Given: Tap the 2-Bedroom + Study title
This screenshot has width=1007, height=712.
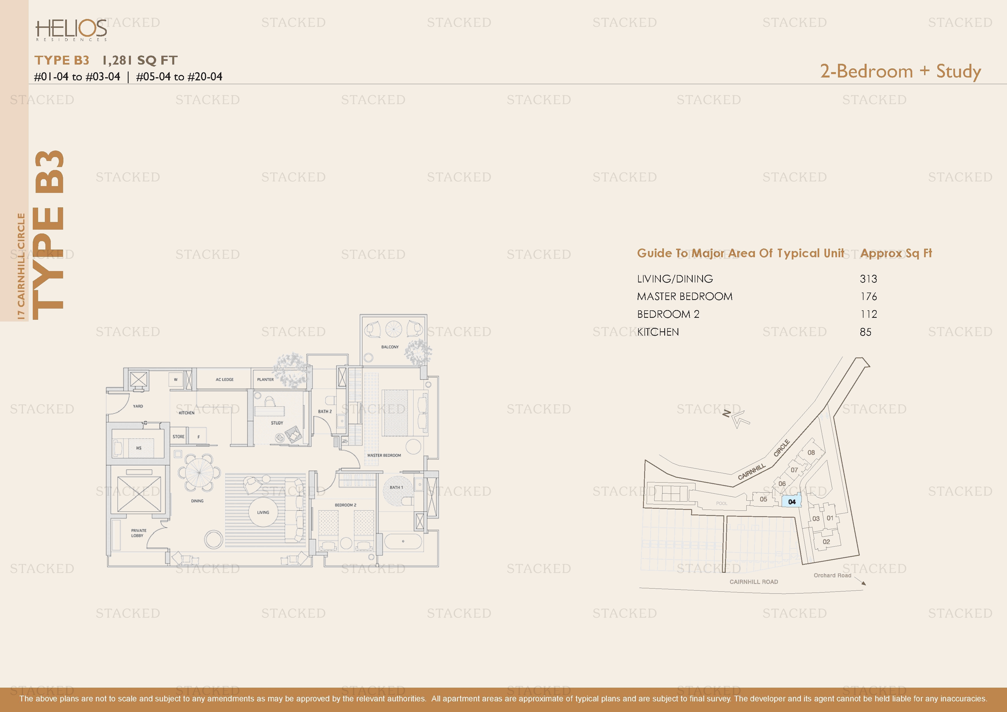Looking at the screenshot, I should [901, 71].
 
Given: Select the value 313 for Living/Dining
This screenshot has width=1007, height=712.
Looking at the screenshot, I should [868, 279].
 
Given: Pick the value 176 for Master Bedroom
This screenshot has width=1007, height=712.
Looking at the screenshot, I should [868, 297].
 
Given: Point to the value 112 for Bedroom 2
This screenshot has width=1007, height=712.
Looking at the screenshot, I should [868, 314].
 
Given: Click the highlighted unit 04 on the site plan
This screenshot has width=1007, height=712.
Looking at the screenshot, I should [792, 502].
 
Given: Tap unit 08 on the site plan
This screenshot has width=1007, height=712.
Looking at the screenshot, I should [811, 452].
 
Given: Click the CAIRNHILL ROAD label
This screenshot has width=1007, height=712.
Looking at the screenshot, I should [754, 582].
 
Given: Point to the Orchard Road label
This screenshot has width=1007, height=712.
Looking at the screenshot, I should [832, 575].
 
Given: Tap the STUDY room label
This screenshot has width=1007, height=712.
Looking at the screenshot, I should [277, 423].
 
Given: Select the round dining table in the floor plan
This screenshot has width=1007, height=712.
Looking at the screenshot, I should [199, 473].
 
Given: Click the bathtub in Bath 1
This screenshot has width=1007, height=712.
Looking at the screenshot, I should [403, 541].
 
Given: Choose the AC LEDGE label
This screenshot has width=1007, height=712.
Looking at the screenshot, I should [224, 380].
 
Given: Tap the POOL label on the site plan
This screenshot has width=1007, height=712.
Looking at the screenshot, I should [721, 503].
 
